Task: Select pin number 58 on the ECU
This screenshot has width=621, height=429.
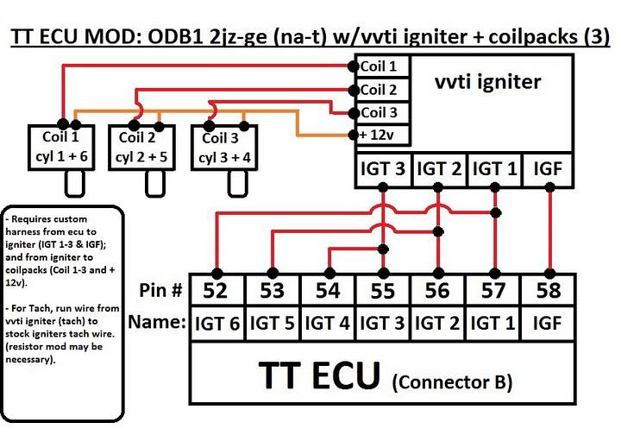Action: [549, 290]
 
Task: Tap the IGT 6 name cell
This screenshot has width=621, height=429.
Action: [217, 324]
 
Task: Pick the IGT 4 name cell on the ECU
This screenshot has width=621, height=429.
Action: [328, 324]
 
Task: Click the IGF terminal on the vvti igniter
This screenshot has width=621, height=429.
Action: [548, 170]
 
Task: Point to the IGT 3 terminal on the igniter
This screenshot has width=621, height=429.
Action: [383, 170]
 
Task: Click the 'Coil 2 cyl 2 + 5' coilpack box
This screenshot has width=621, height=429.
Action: [141, 148]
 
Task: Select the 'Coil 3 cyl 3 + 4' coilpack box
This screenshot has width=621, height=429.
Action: [224, 148]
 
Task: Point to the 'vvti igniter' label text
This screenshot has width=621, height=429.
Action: [488, 82]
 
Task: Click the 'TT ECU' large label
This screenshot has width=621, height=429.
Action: [319, 375]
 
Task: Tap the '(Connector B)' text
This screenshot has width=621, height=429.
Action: [452, 382]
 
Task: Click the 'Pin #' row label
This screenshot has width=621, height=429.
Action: [160, 290]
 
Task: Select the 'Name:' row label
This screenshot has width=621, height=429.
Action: [157, 321]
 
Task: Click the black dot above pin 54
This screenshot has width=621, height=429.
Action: [329, 273]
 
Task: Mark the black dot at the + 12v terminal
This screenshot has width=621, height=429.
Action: [354, 135]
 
